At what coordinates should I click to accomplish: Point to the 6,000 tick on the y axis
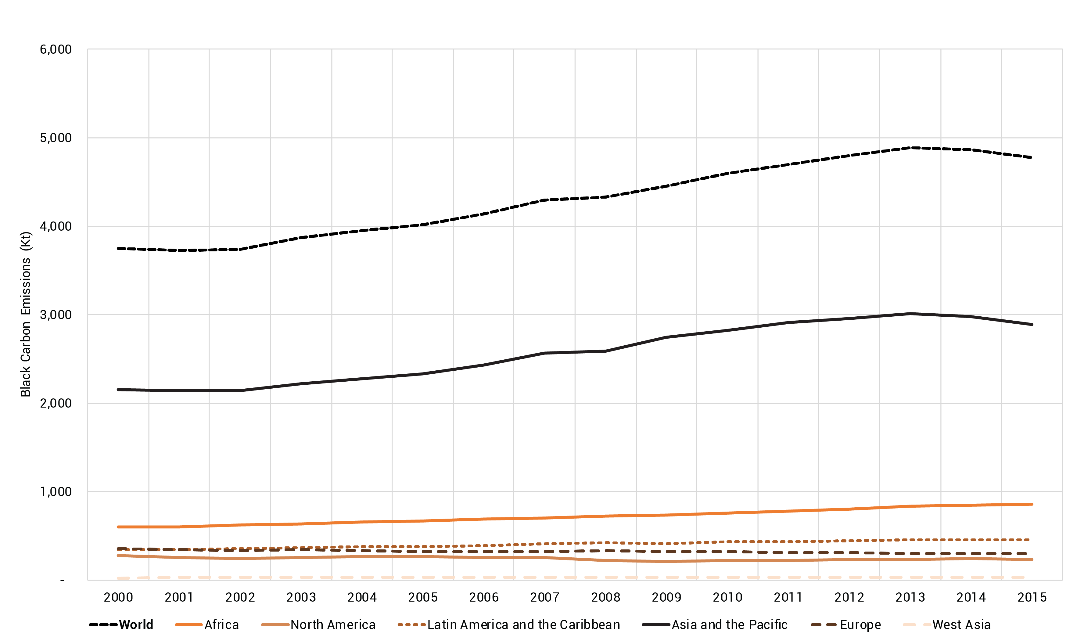pyautogui.click(x=56, y=49)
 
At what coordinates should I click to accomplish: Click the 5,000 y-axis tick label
pyautogui.click(x=56, y=138)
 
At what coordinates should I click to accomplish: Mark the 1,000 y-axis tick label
pyautogui.click(x=56, y=492)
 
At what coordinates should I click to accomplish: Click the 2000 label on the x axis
pyautogui.click(x=118, y=598)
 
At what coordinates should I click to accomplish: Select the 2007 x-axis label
pyautogui.click(x=544, y=598)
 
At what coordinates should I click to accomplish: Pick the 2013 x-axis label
pyautogui.click(x=910, y=598)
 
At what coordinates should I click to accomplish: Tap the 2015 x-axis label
pyautogui.click(x=1032, y=598)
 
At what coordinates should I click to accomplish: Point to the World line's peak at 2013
pyautogui.click(x=910, y=148)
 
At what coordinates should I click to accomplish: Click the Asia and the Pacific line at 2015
pyautogui.click(x=1032, y=324)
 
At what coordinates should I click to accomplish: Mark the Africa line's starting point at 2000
pyautogui.click(x=118, y=527)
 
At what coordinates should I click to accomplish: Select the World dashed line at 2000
pyautogui.click(x=118, y=248)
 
